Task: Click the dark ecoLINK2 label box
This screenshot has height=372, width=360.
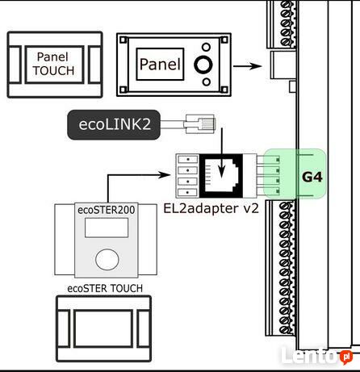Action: (114, 124)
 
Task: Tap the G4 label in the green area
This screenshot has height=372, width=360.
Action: (312, 177)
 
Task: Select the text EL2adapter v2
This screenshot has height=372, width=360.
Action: (211, 208)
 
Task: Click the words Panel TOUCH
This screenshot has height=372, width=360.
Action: (53, 64)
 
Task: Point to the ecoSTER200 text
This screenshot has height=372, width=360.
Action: (107, 210)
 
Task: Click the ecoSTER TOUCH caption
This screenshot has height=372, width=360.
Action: (105, 288)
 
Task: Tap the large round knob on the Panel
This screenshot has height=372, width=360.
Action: (203, 65)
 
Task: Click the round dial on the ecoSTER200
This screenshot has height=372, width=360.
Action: (107, 259)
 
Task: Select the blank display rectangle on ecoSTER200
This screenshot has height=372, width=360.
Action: (107, 228)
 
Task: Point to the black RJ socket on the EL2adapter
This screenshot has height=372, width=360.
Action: (221, 176)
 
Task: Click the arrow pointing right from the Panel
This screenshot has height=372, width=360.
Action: (247, 66)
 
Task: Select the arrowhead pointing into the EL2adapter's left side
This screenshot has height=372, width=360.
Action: (164, 175)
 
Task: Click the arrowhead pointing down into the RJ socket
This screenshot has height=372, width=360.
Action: (221, 172)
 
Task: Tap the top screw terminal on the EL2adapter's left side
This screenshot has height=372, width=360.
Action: (188, 160)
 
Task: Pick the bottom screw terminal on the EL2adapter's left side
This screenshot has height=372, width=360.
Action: (188, 193)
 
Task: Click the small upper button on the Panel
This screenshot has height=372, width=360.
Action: (206, 47)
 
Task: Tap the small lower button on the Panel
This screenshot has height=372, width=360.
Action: (207, 82)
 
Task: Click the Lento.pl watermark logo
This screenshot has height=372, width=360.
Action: (316, 355)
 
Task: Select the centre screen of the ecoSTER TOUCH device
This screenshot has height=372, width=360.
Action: (103, 328)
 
